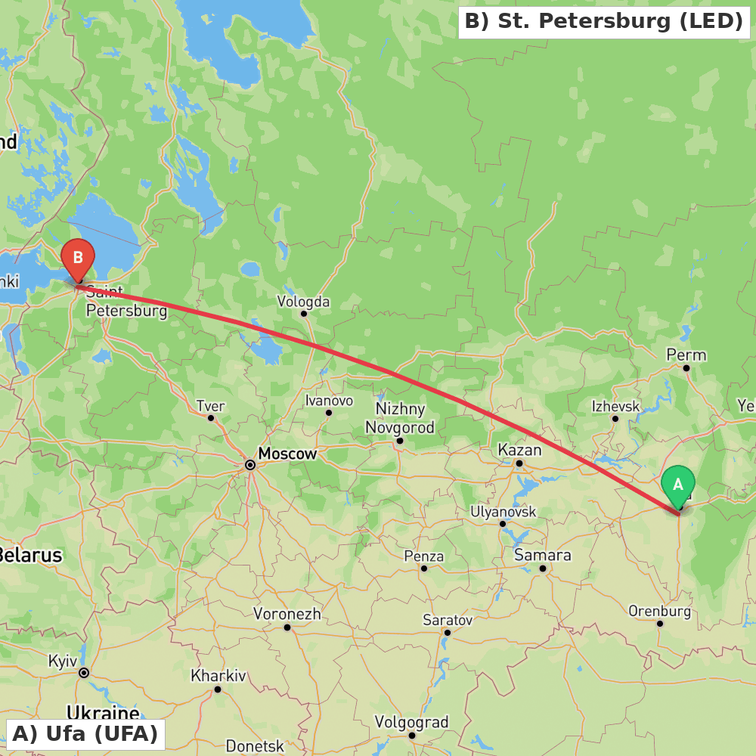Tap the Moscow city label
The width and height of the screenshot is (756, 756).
point(287,454)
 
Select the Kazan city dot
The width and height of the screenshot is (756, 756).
point(519,463)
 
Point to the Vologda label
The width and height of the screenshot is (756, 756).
point(303,302)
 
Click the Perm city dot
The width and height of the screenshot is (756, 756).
point(686,368)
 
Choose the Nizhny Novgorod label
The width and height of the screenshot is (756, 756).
point(400,418)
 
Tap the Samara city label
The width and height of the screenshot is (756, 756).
point(542,555)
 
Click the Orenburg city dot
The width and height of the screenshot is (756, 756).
point(660,624)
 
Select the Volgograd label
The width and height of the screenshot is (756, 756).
point(411,722)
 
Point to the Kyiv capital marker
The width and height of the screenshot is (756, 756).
point(84,673)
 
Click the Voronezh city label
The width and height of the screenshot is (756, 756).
point(287,614)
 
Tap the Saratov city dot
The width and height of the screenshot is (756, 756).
point(448,633)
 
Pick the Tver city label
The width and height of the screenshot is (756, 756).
point(211,406)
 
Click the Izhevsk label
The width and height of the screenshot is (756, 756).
point(615,406)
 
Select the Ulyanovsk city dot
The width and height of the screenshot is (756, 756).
point(503,524)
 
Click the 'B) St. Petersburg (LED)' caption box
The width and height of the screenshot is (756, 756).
point(603,22)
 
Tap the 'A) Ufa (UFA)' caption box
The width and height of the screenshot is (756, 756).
point(85,733)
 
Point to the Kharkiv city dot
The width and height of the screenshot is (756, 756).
point(218,689)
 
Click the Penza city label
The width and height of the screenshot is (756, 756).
point(423,556)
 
